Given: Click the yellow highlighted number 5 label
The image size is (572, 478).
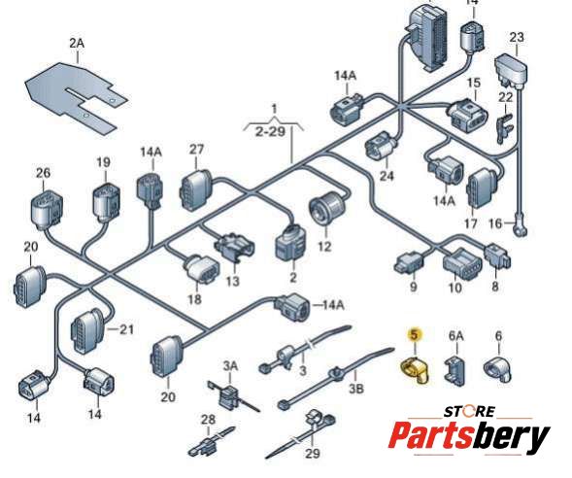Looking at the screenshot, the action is click(x=415, y=334).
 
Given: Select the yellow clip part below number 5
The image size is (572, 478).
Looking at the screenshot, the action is click(x=415, y=370).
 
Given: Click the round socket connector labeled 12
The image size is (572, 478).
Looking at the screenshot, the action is click(x=327, y=208).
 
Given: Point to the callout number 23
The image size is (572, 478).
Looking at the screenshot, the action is click(x=517, y=37).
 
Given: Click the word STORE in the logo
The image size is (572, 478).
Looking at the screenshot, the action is click(x=469, y=412).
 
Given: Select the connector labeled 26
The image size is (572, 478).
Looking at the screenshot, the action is click(x=46, y=211).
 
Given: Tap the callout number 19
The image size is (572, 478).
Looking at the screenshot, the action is click(x=103, y=162).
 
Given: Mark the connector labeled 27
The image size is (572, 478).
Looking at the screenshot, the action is click(x=195, y=189).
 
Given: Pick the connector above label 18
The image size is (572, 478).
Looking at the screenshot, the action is click(x=201, y=269).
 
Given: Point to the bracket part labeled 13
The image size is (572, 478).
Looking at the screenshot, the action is click(x=234, y=247).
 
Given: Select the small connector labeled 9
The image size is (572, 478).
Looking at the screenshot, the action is click(x=409, y=262).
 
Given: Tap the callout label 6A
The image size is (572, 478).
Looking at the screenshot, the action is click(x=455, y=335).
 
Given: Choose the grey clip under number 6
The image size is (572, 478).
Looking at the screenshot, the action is click(x=497, y=370).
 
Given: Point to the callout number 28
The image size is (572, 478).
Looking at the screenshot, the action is click(x=208, y=420).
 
